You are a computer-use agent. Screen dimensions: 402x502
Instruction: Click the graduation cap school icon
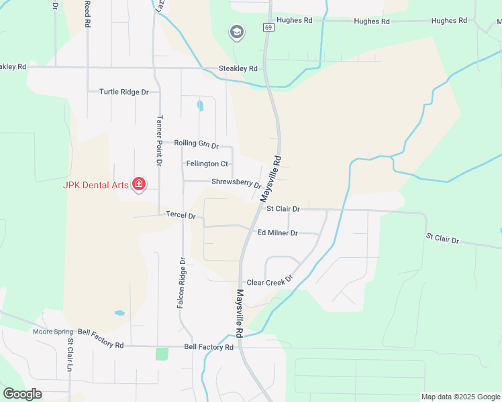236,32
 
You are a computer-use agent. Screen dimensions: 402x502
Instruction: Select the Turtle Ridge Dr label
123,92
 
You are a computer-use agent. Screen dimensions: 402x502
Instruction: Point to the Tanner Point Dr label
159,140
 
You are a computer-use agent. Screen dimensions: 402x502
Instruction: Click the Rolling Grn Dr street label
196,144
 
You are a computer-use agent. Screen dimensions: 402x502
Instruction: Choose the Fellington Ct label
207,163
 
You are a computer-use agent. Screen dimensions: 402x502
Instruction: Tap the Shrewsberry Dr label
236,182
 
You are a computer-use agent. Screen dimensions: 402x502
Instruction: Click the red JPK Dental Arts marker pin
139,184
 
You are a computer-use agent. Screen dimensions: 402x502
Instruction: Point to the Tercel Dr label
180,216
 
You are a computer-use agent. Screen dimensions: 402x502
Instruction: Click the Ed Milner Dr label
277,232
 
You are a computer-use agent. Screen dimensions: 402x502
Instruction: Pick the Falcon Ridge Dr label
181,283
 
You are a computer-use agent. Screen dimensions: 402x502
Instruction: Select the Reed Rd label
87,13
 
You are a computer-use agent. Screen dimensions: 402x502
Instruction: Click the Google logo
22,394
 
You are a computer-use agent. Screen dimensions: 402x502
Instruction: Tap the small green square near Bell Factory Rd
162,354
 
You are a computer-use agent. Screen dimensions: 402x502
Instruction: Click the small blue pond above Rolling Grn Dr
200,106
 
